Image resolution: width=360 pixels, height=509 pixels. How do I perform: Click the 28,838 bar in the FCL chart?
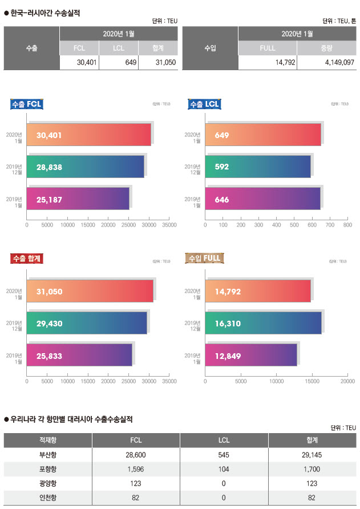pyautogui.click(x=86, y=167)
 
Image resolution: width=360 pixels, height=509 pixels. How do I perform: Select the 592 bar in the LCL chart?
pyautogui.click(x=258, y=167)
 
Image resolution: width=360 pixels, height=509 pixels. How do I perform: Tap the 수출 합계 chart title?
pyautogui.click(x=27, y=258)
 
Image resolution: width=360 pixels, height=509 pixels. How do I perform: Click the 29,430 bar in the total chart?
pyautogui.click(x=87, y=323)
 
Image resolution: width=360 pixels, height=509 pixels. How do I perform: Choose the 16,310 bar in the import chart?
pyautogui.click(x=263, y=323)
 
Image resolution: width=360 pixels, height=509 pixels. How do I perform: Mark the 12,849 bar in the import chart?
pyautogui.click(x=251, y=355)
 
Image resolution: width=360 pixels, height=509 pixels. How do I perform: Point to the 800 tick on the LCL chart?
pyautogui.click(x=347, y=225)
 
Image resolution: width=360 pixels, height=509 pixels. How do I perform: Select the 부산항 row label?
pyautogui.click(x=48, y=455)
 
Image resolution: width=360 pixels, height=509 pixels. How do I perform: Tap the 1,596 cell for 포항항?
pyautogui.click(x=136, y=469)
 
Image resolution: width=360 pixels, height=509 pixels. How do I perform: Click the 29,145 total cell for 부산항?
pyautogui.click(x=312, y=455)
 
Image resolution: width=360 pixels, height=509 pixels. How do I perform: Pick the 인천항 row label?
pyautogui.click(x=48, y=498)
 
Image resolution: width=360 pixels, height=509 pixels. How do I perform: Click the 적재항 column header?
pyautogui.click(x=48, y=440)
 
